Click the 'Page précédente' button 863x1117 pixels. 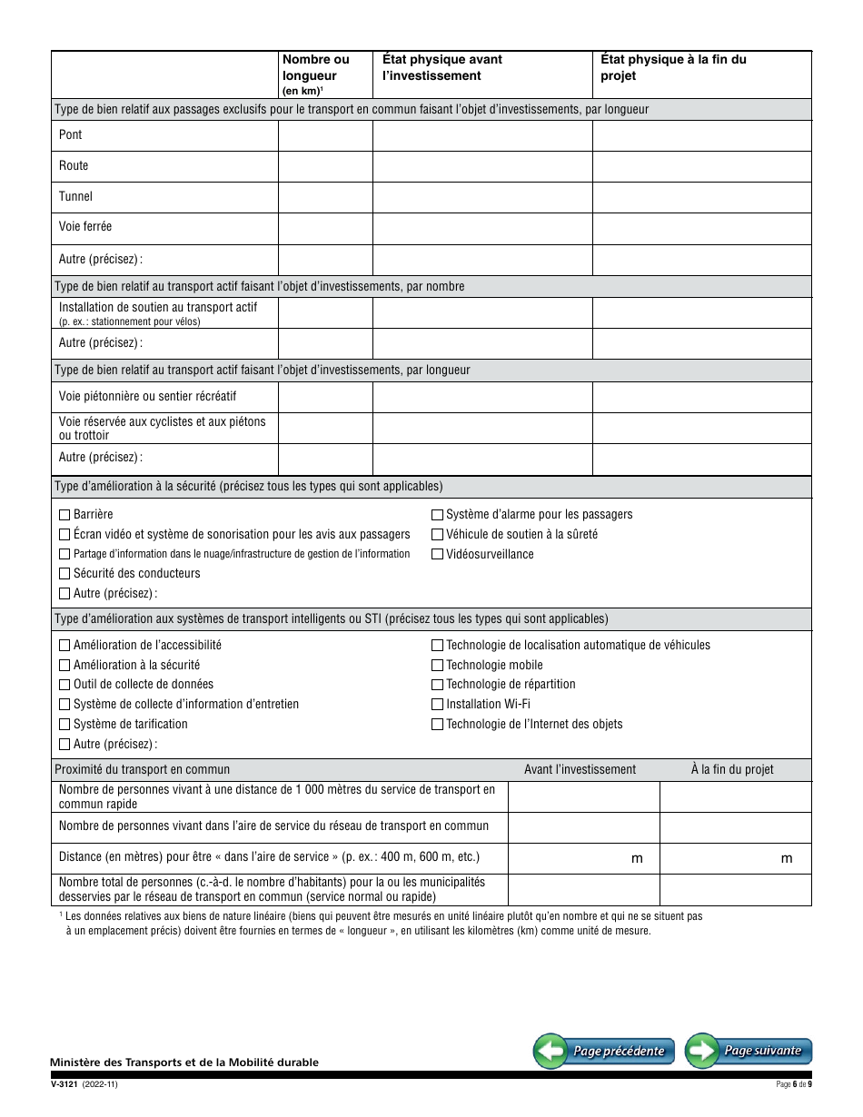click(604, 1052)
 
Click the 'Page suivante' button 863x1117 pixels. click(749, 1051)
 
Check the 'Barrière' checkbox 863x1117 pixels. click(64, 515)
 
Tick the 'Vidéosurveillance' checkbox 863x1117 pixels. click(437, 554)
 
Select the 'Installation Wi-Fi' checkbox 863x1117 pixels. click(437, 704)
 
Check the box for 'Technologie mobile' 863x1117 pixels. click(437, 665)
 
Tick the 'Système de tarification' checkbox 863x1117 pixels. click(64, 724)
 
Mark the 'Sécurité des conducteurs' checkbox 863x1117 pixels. click(64, 574)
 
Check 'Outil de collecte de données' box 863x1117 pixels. click(64, 685)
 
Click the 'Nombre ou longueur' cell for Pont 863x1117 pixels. click(325, 135)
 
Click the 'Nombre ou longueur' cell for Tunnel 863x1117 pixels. click(325, 197)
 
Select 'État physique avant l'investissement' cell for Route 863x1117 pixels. click(482, 166)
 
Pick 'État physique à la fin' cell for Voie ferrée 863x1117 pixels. click(701, 227)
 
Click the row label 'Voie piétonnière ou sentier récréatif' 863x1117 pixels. click(147, 397)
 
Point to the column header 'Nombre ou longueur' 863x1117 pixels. click(315, 68)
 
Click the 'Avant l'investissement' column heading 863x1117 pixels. click(580, 769)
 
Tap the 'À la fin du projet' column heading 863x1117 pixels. click(731, 769)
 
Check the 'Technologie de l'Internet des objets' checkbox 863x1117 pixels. click(437, 725)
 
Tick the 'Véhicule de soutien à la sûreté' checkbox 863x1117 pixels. click(437, 535)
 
